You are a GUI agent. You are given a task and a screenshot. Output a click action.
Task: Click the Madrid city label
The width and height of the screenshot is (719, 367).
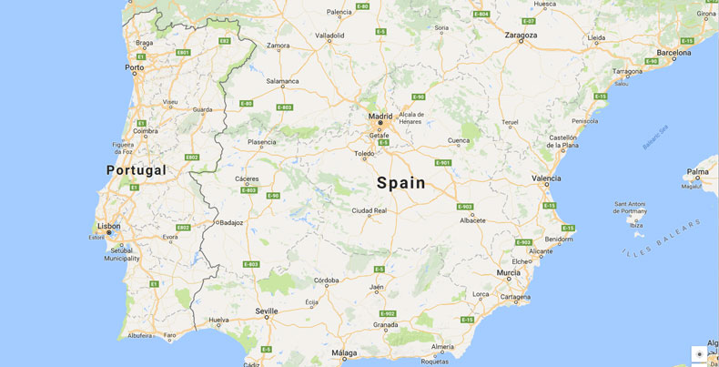point(380,116)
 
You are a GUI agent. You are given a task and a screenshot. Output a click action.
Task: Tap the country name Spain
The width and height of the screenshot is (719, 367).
point(401,182)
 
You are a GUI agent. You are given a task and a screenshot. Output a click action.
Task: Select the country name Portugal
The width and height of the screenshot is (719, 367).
point(137,170)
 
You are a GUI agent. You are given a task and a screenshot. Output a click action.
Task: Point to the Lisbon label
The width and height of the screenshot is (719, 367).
point(109,225)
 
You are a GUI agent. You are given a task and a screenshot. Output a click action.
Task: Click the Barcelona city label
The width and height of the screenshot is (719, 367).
point(674,53)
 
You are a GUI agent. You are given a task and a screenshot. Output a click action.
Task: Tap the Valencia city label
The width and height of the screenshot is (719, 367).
point(546,178)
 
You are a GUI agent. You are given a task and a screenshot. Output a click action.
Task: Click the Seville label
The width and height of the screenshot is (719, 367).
point(267,311)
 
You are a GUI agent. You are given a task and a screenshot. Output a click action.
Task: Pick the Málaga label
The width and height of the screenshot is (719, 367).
point(344,352)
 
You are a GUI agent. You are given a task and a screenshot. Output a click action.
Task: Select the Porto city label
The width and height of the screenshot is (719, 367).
point(135,67)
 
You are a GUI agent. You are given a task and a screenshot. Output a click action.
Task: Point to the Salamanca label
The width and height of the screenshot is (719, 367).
point(282,81)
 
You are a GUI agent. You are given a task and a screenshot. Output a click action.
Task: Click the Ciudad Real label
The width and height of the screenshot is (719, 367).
point(370,210)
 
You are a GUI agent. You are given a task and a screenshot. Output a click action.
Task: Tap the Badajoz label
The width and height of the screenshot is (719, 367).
point(231,221)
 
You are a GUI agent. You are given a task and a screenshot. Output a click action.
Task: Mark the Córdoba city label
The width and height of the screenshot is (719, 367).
point(327,280)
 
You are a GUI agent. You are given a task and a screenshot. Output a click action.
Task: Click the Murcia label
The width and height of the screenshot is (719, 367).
point(509,273)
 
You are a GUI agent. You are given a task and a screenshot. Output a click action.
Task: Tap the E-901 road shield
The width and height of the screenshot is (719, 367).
point(443,163)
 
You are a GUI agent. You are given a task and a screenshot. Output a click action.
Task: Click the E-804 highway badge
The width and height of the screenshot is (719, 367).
point(481,14)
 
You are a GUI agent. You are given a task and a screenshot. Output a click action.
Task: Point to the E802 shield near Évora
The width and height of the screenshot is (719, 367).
point(183,227)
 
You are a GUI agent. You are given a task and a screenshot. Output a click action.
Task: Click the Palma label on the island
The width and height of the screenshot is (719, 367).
point(698,171)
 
